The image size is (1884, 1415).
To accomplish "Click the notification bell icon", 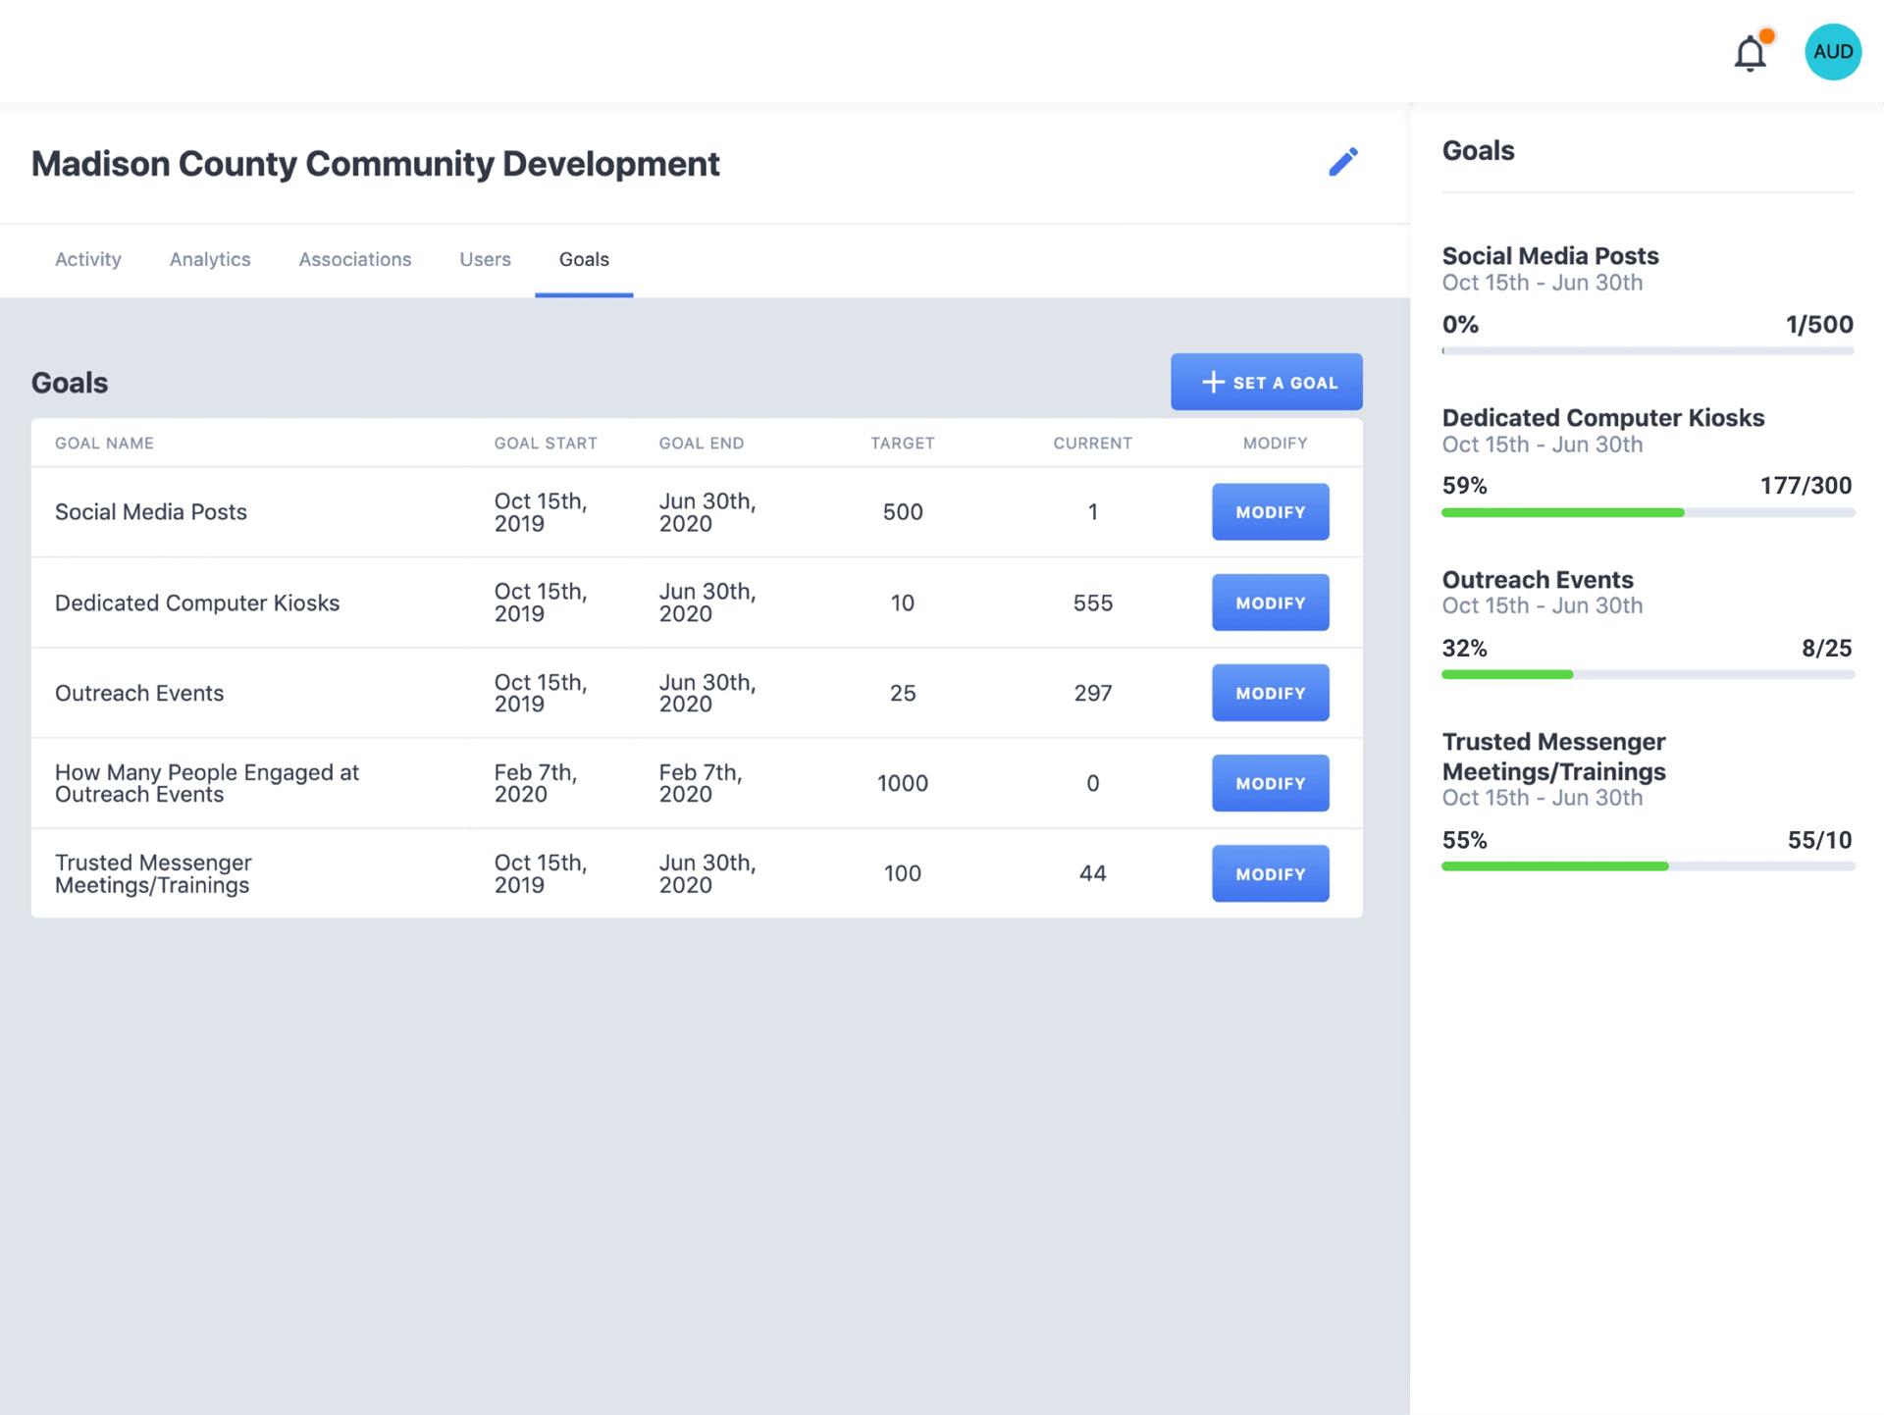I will click(1750, 53).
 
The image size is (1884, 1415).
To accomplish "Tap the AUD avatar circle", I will click(1832, 52).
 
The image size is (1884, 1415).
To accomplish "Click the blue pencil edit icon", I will click(1342, 162).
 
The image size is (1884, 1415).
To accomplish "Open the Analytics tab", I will click(210, 259).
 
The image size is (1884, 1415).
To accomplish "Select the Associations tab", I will click(354, 259).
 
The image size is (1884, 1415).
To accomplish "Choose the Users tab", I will click(485, 259).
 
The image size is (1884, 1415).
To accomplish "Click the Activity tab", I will click(88, 259).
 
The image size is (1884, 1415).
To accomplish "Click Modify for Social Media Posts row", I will click(1270, 512).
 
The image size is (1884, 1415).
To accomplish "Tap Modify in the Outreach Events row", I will click(1270, 693).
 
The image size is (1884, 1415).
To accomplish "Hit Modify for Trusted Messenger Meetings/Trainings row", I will click(1270, 873).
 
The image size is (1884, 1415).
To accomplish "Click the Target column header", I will click(902, 444).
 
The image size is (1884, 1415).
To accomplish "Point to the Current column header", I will click(1092, 444).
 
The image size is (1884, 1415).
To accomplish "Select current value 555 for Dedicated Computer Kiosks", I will click(1092, 603).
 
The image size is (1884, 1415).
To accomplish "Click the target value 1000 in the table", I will click(902, 783).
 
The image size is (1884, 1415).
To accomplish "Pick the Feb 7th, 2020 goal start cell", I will click(536, 783).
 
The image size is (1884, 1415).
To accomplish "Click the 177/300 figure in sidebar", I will click(1805, 486).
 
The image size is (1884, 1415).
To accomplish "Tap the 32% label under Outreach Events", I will click(1464, 649).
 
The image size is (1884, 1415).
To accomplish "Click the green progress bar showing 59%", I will click(1562, 512).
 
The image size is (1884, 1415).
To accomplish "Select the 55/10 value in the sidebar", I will click(1819, 840).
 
